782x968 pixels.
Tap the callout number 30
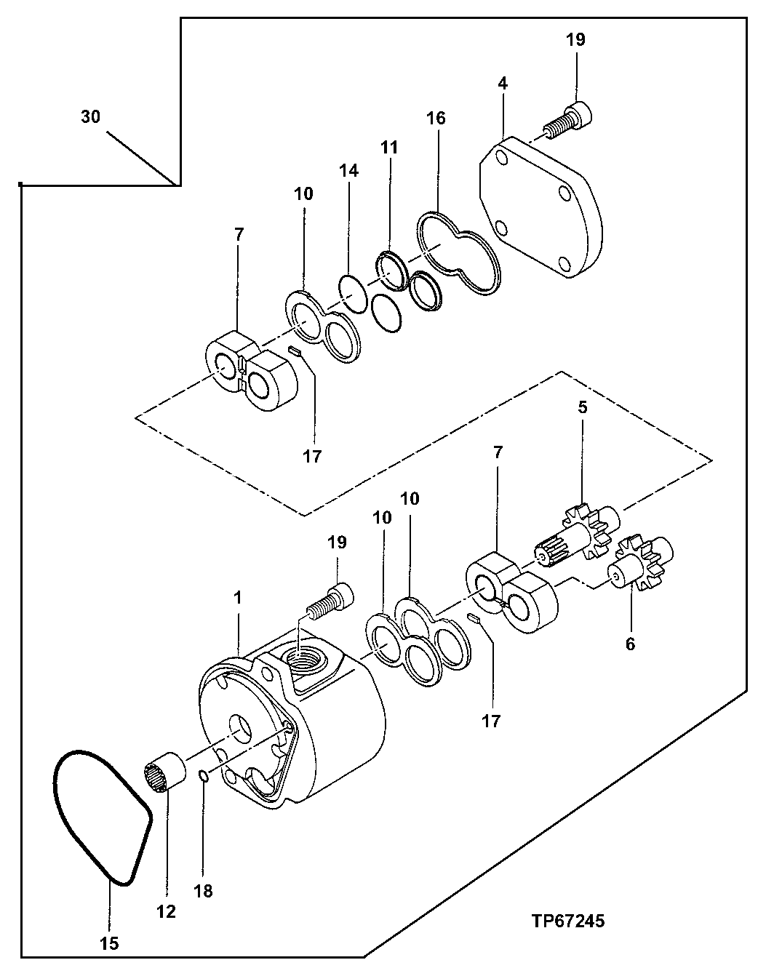91,116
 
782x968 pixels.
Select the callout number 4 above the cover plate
503,83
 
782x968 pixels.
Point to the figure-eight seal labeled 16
458,255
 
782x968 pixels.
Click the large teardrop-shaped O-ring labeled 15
102,818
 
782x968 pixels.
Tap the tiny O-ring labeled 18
204,778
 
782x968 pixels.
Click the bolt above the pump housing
331,600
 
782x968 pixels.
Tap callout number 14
348,171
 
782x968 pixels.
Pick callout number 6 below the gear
630,643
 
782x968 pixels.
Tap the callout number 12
167,911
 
